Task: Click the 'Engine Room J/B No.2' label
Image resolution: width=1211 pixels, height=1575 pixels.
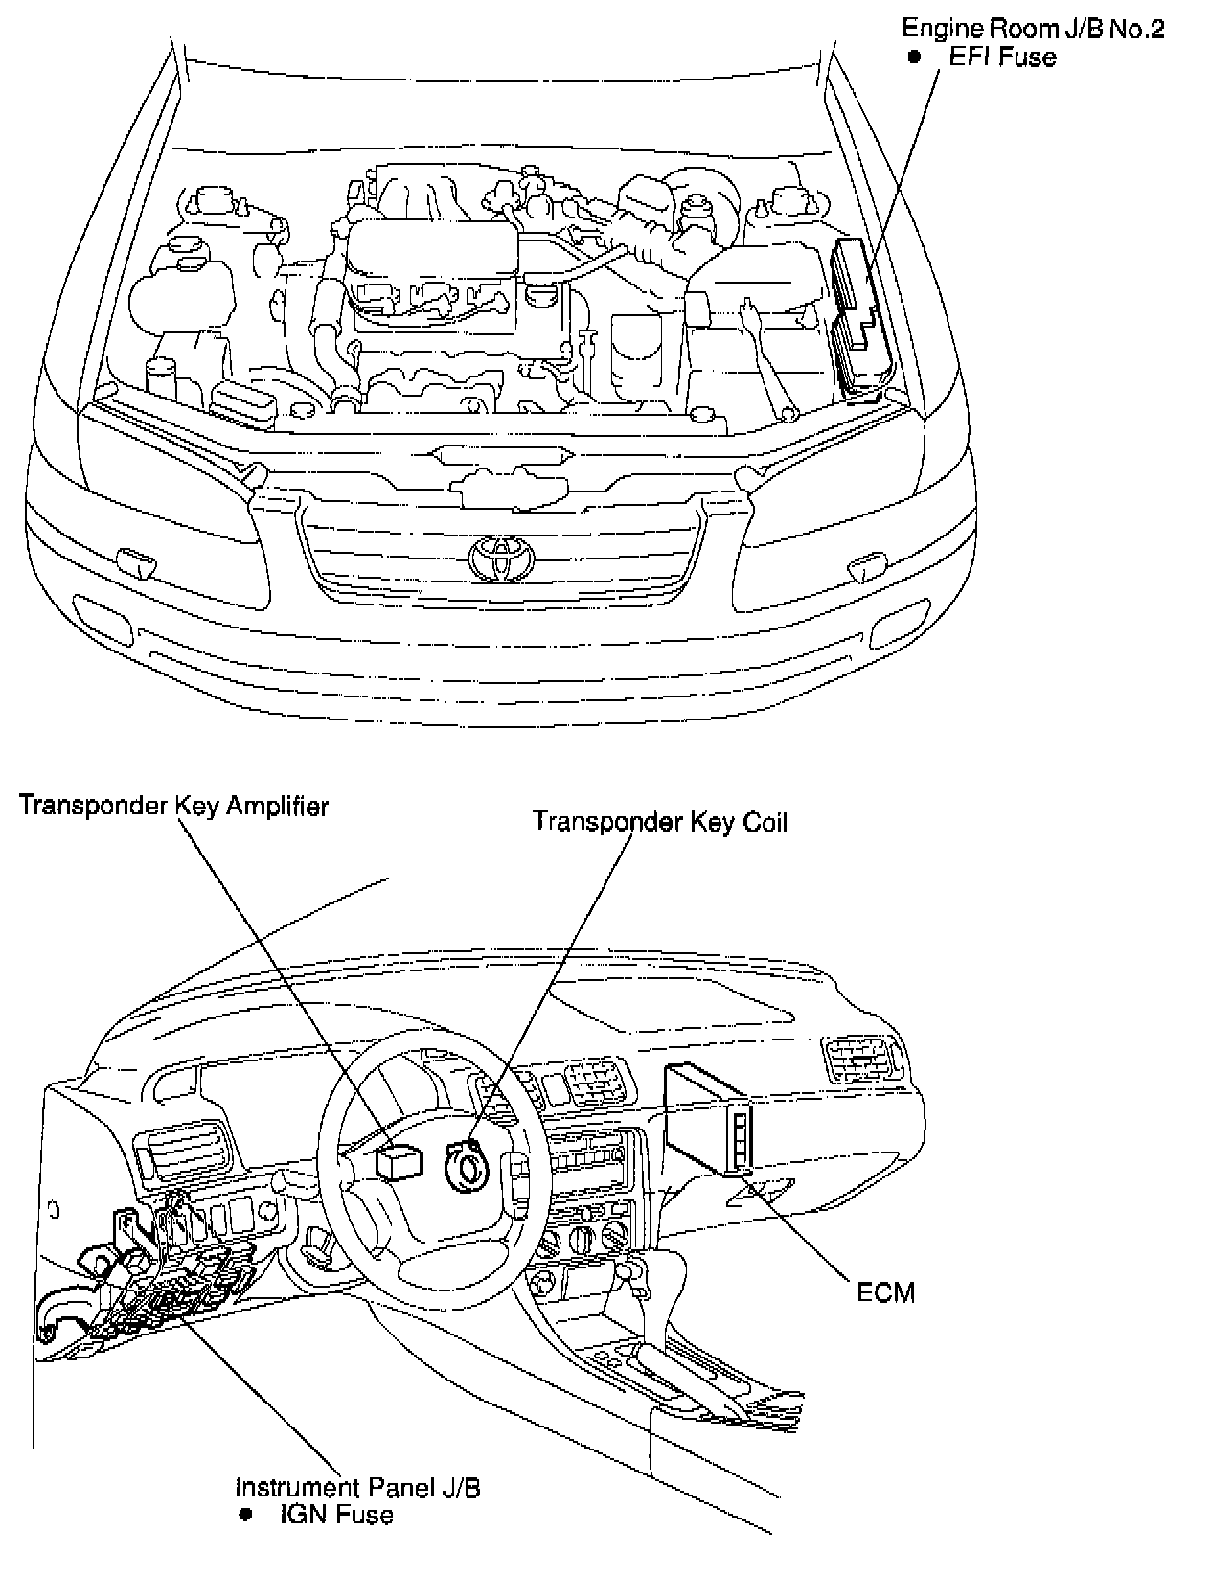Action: click(1033, 30)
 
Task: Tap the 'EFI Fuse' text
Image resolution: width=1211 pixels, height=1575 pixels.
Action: click(1002, 57)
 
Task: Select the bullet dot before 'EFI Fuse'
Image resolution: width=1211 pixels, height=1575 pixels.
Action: click(915, 57)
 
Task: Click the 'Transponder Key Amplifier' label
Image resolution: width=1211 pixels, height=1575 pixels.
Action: click(173, 806)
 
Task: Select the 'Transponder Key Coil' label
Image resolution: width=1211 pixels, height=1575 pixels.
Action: click(660, 822)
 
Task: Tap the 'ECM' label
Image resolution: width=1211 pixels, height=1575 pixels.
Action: click(885, 1292)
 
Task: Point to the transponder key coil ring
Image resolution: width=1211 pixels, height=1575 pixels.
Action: click(469, 1166)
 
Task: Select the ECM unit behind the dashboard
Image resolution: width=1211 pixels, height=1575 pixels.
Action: click(707, 1119)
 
